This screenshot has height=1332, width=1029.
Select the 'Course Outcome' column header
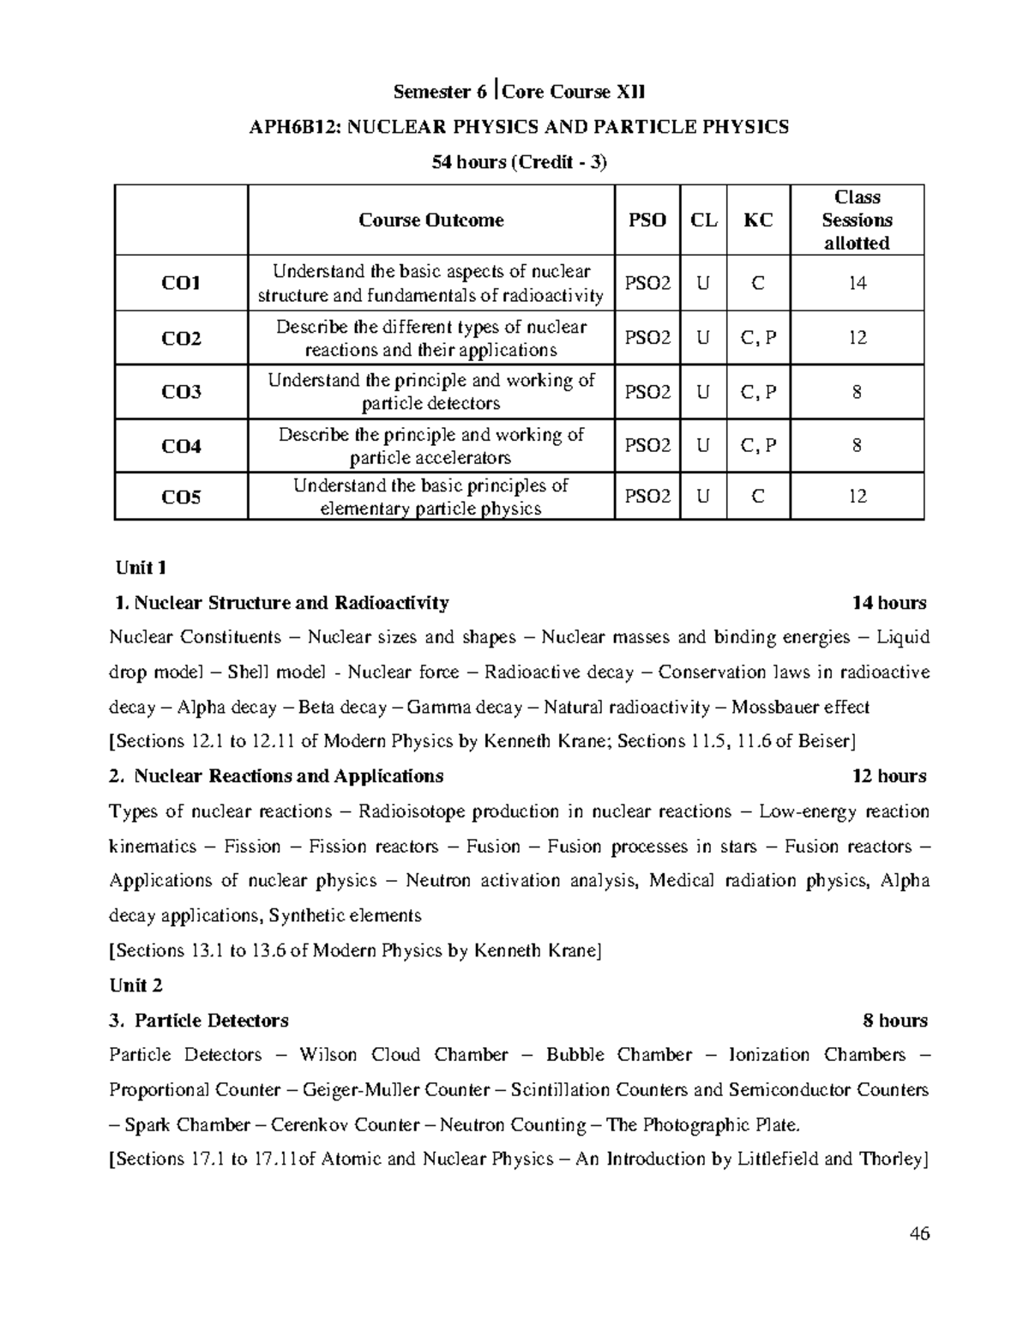430,220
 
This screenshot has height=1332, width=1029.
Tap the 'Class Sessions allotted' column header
857,220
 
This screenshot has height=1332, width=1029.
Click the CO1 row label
181,283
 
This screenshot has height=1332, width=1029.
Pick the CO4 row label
181,446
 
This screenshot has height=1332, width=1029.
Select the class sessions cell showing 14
857,283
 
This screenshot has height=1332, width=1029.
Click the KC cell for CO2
758,338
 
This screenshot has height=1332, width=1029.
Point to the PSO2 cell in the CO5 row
647,497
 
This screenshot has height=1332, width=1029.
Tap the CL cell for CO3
703,392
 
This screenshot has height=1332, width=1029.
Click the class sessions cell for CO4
857,446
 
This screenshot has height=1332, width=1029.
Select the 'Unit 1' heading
141,568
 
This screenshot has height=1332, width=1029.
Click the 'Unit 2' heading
135,985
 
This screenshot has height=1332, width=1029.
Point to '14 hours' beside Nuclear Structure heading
889,603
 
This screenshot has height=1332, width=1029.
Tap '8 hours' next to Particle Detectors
895,1021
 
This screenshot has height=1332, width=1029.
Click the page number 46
920,1234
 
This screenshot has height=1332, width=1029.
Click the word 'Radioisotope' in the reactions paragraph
412,811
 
